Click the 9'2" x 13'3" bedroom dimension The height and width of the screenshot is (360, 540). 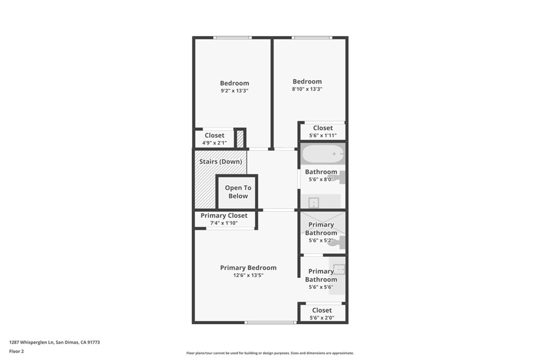[235, 91]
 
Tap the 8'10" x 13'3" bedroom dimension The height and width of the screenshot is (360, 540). [307, 89]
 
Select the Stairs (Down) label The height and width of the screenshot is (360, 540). [221, 161]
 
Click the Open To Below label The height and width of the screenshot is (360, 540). [238, 192]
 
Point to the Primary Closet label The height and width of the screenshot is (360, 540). [224, 216]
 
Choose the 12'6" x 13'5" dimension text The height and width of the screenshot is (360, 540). [248, 275]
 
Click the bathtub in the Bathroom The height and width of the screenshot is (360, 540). [323, 154]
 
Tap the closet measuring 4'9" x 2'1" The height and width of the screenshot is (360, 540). [214, 139]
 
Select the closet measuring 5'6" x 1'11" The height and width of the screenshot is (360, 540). [323, 131]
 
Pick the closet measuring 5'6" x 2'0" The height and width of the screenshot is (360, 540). [322, 313]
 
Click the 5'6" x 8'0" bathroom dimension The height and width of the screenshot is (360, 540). [321, 179]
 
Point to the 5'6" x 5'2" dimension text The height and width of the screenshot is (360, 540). [321, 240]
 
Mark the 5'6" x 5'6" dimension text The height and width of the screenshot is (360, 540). [321, 287]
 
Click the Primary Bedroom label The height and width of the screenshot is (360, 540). [248, 268]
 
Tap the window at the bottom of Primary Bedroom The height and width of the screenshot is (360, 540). [271, 323]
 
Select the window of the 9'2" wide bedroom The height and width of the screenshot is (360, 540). [233, 37]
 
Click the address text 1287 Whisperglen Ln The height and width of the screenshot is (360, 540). [32, 343]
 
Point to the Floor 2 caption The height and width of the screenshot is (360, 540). [16, 352]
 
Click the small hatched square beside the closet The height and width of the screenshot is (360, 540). [240, 138]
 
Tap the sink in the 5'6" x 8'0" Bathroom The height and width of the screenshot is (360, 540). [314, 202]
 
